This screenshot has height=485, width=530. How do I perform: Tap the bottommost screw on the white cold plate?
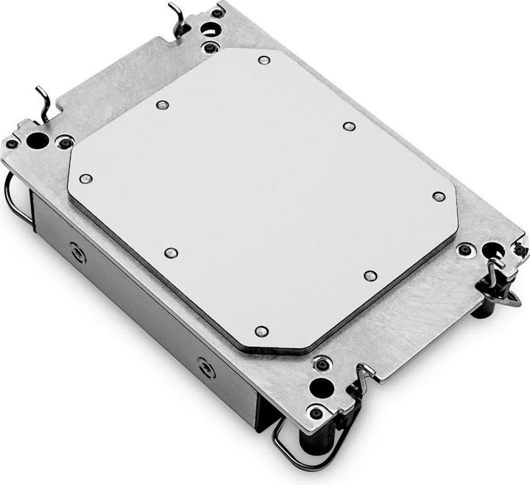[x=261, y=331]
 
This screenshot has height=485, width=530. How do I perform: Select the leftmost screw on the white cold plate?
[x=85, y=179]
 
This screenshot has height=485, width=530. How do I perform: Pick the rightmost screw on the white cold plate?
[x=439, y=196]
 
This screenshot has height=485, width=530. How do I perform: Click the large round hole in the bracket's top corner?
[x=209, y=30]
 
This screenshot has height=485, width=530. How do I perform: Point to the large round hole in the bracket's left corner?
[x=38, y=140]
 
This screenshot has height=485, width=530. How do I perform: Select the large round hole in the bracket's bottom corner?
[x=321, y=387]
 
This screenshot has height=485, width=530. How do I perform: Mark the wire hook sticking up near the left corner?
[x=43, y=103]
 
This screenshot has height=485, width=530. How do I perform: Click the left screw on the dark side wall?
[x=77, y=254]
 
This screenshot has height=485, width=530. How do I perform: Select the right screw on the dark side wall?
[x=206, y=367]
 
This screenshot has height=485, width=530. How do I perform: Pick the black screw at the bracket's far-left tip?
[x=13, y=143]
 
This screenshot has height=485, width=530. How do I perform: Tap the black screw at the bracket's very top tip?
[x=217, y=13]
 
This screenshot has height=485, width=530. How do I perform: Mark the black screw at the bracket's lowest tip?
[x=316, y=413]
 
